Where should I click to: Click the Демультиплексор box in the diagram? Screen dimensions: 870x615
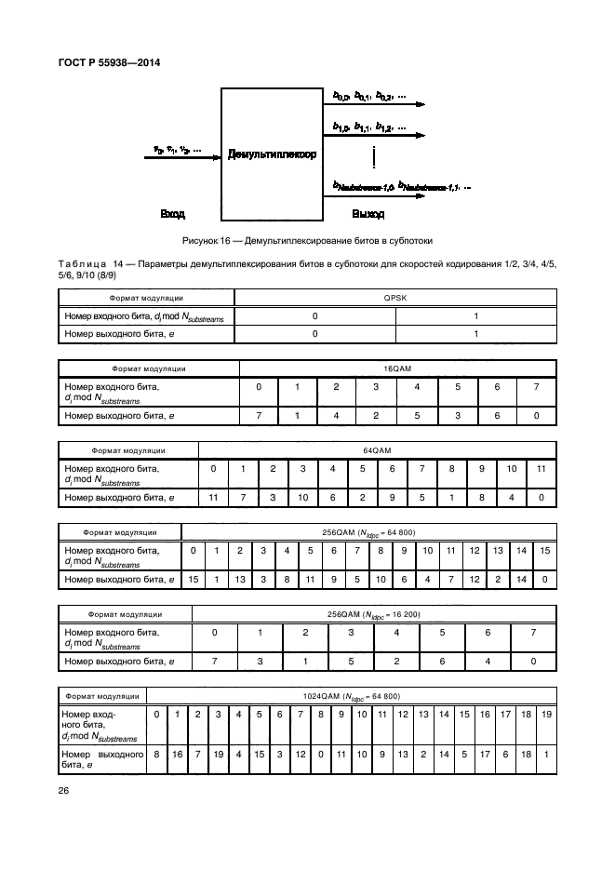pyautogui.click(x=272, y=154)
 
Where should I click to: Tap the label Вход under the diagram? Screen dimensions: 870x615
pyautogui.click(x=172, y=214)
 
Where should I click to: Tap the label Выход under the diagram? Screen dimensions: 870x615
pyautogui.click(x=368, y=214)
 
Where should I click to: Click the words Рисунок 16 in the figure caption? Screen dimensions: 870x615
pyautogui.click(x=207, y=241)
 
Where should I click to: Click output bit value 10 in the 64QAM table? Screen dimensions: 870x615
pyautogui.click(x=302, y=498)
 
